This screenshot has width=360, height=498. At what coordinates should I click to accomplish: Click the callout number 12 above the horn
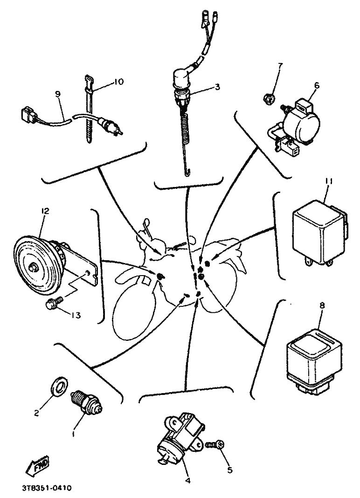(45, 211)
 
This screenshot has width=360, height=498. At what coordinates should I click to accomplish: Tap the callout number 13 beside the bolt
(76, 315)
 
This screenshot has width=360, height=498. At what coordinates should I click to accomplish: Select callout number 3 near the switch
(217, 87)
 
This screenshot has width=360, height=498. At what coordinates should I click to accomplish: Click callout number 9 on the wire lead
(57, 94)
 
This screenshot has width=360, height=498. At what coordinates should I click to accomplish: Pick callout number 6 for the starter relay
(317, 85)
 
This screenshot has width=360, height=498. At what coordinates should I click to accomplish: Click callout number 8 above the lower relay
(322, 305)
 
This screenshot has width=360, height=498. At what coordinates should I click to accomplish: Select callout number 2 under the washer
(37, 413)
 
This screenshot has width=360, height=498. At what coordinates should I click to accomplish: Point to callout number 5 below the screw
(230, 470)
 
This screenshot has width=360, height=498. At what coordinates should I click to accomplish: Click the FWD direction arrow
(38, 464)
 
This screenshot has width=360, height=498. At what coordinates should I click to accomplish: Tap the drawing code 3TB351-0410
(47, 488)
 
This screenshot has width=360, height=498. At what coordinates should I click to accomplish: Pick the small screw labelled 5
(216, 445)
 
